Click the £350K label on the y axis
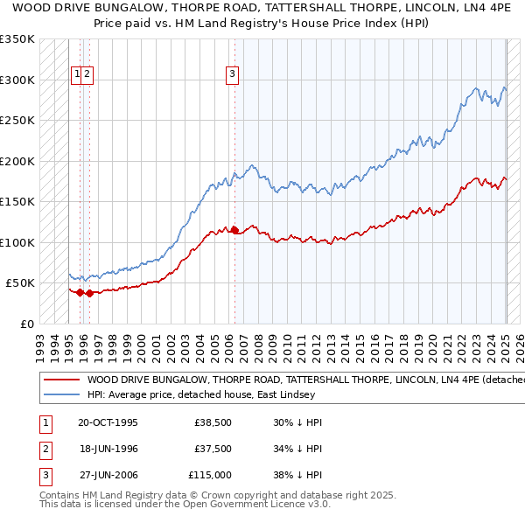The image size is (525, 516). coord(17,39)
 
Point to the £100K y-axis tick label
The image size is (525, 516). coord(17,242)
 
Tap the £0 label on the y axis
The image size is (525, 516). coord(27,324)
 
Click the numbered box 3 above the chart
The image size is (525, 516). coord(232,74)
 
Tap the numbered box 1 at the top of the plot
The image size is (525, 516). coord(78,74)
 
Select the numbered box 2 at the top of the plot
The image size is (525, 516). coord(88,74)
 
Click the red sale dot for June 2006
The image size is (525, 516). coord(234,230)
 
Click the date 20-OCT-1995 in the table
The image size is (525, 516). coord(108,422)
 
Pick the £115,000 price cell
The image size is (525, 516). coord(210,477)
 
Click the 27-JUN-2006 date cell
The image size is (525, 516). coord(108,477)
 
